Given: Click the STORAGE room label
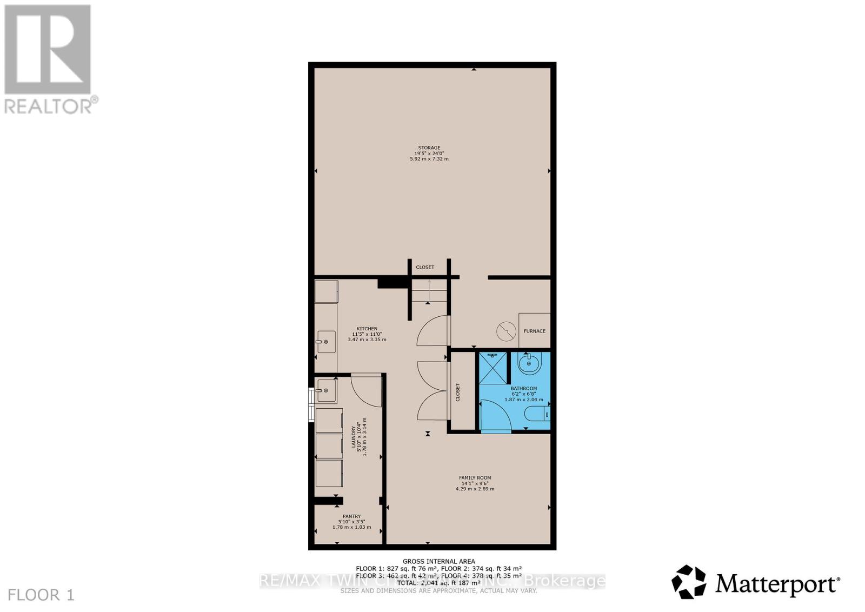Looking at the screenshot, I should pos(429,148).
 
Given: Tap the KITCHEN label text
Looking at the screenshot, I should pos(367,329).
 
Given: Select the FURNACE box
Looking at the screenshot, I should pos(534,330).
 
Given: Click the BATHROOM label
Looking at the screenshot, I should pos(523,388).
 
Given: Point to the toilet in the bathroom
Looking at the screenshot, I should pos(538,415).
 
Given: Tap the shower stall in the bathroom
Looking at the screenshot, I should pos(493,368).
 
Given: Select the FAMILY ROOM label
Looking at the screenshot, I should pos(475,477).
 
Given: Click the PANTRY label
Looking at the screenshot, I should pos(351,516).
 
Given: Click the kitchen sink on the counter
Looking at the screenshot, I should pos(326,342).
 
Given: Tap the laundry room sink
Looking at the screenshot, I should pos(326,390).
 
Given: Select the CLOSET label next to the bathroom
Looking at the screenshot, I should pos(457,392).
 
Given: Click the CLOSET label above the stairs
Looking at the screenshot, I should pos(425,267).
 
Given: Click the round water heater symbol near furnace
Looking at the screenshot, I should pos(507,331).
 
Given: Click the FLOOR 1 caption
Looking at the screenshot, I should pos(42,595).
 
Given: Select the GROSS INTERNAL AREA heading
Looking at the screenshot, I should pos(438,561).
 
